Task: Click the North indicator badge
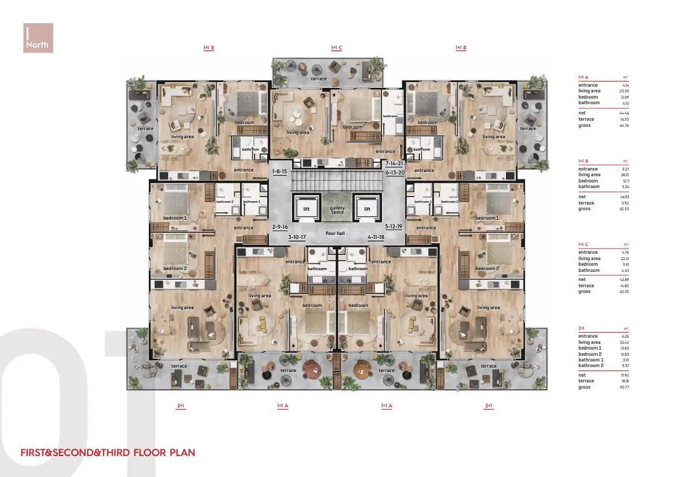pyautogui.click(x=38, y=38)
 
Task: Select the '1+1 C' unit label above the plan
pyautogui.click(x=337, y=48)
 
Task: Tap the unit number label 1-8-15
pyautogui.click(x=280, y=171)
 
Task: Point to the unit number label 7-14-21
pyautogui.click(x=394, y=163)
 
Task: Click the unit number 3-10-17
pyautogui.click(x=297, y=237)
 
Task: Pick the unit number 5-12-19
pyautogui.click(x=393, y=227)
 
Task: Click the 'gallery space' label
pyautogui.click(x=337, y=210)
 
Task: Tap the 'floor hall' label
pyautogui.click(x=335, y=233)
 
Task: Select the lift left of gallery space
pyautogui.click(x=306, y=209)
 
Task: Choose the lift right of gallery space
pyautogui.click(x=367, y=209)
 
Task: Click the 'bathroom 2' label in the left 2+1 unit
pyautogui.click(x=225, y=202)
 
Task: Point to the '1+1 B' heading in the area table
pyautogui.click(x=583, y=161)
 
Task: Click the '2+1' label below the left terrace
pyautogui.click(x=181, y=406)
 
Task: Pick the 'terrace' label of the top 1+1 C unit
pyautogui.click(x=319, y=79)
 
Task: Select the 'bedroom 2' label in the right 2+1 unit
pyautogui.click(x=487, y=269)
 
